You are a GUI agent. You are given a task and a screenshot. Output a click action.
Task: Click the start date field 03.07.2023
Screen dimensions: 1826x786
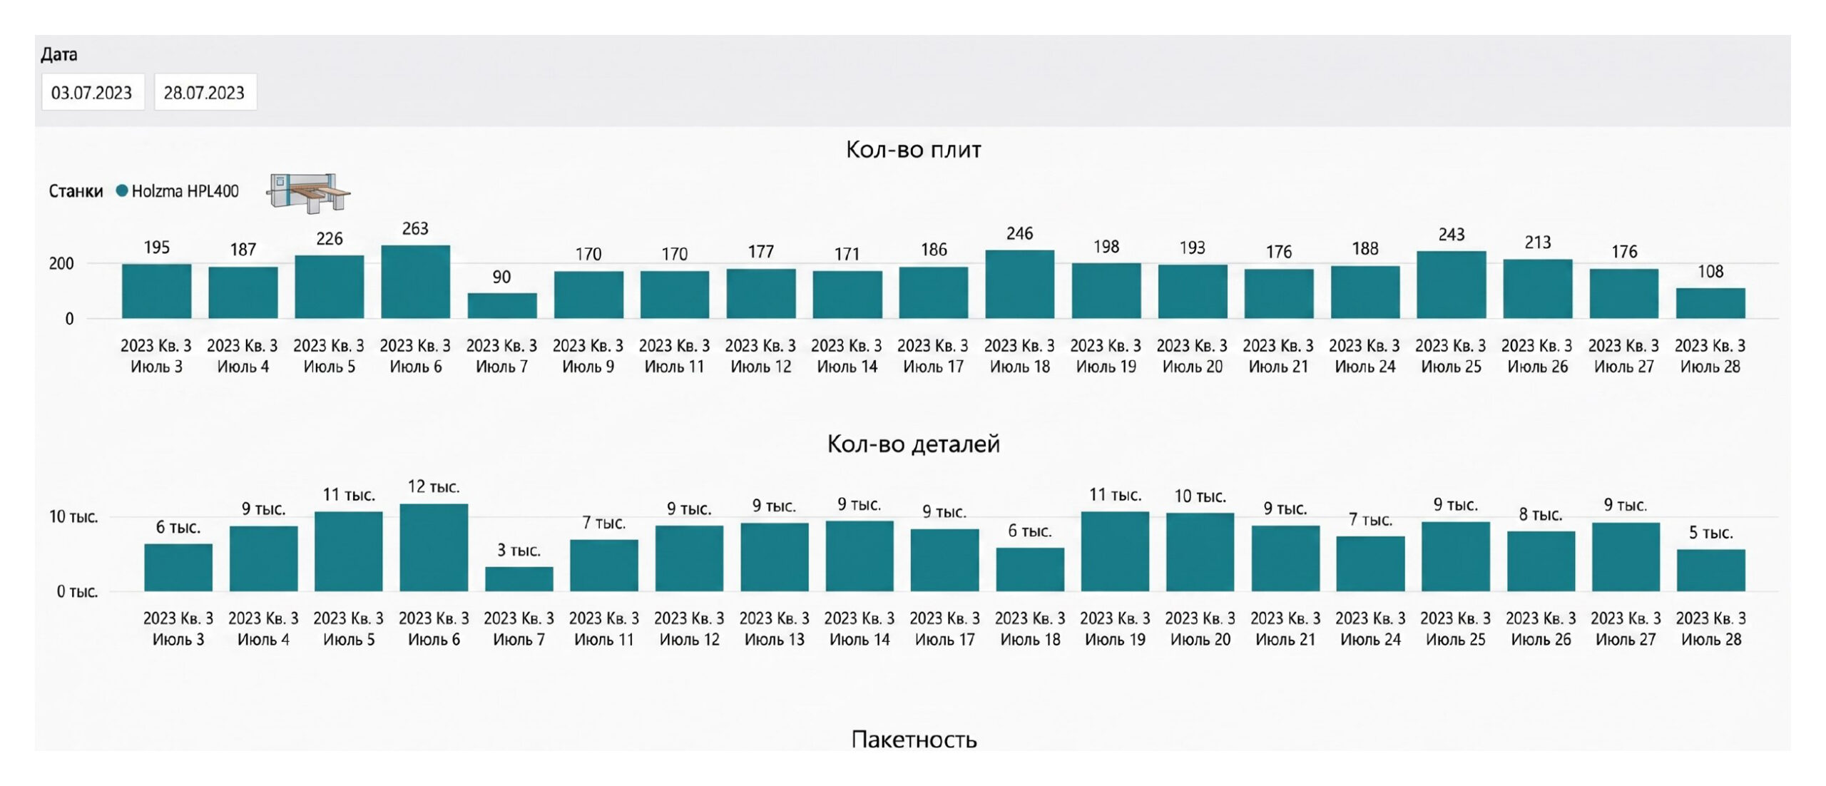pyautogui.click(x=93, y=92)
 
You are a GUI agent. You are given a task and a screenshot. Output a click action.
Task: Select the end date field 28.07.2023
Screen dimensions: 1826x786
pyautogui.click(x=205, y=92)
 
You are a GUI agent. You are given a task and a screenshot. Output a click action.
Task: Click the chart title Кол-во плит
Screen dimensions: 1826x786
pyautogui.click(x=913, y=149)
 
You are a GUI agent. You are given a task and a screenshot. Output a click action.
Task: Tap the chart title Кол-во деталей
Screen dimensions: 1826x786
pyautogui.click(x=913, y=444)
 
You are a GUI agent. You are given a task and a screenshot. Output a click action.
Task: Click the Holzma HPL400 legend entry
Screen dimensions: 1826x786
pyautogui.click(x=178, y=191)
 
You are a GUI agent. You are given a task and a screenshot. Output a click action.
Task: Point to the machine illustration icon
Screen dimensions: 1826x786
pyautogui.click(x=308, y=193)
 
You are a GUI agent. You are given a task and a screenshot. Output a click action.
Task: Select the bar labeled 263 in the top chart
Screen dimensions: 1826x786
pyautogui.click(x=415, y=282)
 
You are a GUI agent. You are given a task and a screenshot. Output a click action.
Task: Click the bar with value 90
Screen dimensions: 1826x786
pyautogui.click(x=502, y=305)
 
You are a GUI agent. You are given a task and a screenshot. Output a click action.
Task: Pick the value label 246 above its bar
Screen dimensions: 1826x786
pyautogui.click(x=1020, y=233)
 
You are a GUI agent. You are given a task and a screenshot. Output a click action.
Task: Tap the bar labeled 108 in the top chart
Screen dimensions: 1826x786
pyautogui.click(x=1710, y=303)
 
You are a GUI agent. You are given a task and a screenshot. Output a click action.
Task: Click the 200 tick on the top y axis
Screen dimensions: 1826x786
pyautogui.click(x=61, y=263)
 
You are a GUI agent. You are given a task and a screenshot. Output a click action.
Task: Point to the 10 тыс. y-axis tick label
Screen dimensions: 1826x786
pyautogui.click(x=73, y=516)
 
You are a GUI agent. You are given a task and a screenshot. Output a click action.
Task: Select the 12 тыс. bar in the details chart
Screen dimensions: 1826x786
pyautogui.click(x=434, y=548)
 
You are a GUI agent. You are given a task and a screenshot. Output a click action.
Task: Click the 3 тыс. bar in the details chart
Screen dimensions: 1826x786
pyautogui.click(x=519, y=579)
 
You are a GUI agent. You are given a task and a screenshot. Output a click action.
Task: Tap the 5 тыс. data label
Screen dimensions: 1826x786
pyautogui.click(x=1710, y=533)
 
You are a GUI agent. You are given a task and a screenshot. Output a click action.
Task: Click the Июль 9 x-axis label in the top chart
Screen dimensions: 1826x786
pyautogui.click(x=588, y=367)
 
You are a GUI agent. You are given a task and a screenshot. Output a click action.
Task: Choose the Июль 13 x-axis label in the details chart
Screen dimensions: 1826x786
pyautogui.click(x=775, y=639)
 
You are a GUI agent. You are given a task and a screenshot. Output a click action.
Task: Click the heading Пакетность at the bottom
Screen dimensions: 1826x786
pyautogui.click(x=914, y=739)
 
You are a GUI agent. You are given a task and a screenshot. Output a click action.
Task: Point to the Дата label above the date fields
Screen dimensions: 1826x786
pyautogui.click(x=59, y=54)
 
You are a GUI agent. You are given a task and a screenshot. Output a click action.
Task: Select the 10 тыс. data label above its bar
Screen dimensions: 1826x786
pyautogui.click(x=1200, y=496)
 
